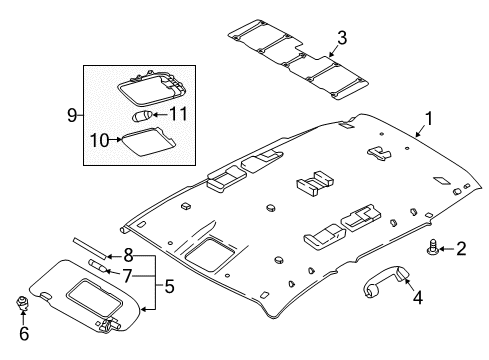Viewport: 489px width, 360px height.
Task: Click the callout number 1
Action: tap(428, 119)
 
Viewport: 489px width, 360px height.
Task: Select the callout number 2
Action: tap(461, 249)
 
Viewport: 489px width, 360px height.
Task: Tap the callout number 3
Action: tap(342, 38)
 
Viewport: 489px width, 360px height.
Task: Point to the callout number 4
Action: tap(418, 297)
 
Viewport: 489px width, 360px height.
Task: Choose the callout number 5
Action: tap(169, 286)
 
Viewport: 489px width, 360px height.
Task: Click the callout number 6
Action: tap(24, 333)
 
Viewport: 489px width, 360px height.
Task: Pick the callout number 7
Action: tap(127, 276)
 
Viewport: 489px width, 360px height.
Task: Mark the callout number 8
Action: tap(128, 256)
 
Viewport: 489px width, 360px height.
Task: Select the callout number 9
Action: tap(72, 115)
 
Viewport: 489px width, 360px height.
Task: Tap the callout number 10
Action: tap(100, 140)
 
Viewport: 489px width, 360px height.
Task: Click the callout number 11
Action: tap(179, 114)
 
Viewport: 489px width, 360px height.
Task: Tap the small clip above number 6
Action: tap(23, 303)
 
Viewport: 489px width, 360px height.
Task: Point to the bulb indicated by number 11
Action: tap(142, 117)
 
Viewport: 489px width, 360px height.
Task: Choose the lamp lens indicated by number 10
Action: tap(147, 142)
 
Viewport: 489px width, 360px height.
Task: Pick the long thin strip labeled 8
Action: tap(89, 248)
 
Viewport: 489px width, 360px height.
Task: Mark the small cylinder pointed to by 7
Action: tap(99, 266)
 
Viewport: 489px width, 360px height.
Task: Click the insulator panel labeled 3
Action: tap(298, 59)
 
